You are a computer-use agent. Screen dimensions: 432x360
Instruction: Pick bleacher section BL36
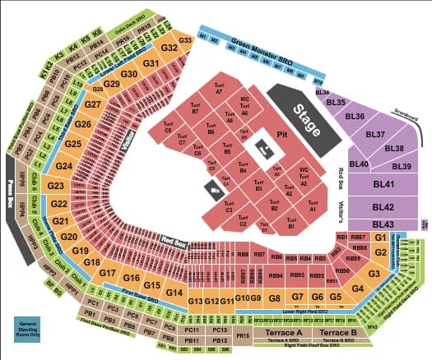(356, 117)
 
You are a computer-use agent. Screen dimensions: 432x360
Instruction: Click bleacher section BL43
(383, 224)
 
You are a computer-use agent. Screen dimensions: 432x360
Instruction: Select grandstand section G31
(151, 63)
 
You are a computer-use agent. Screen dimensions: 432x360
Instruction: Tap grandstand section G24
(64, 166)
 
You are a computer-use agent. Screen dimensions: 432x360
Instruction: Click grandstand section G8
(275, 298)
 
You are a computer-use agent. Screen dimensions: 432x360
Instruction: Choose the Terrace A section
(288, 333)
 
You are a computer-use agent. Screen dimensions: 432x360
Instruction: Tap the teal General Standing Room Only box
(23, 329)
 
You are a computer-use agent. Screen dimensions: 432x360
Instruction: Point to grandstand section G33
(185, 39)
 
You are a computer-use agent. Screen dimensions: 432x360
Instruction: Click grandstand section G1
(380, 237)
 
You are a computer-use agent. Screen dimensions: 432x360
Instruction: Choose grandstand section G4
(357, 288)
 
